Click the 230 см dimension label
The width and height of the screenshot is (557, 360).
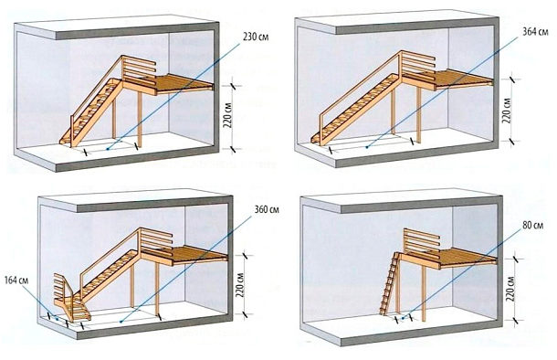pyautogui.click(x=256, y=37)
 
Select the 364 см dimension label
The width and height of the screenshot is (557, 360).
pyautogui.click(x=535, y=32)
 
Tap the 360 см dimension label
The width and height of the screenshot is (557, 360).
pyautogui.click(x=267, y=209)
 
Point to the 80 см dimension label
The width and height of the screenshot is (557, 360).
pyautogui.click(x=533, y=226)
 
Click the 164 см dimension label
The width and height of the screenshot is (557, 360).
pyautogui.click(x=16, y=281)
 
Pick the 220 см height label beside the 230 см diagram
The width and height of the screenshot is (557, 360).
pyautogui.click(x=228, y=115)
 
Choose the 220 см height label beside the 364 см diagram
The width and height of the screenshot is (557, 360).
pyautogui.click(x=507, y=111)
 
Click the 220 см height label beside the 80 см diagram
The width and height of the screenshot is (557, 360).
pyautogui.click(x=510, y=288)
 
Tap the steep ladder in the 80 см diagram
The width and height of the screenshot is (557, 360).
pyautogui.click(x=390, y=283)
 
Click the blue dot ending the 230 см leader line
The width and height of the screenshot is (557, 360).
pyautogui.click(x=108, y=150)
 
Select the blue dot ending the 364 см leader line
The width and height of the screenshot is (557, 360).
pyautogui.click(x=367, y=146)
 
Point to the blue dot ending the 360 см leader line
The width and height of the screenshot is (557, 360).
pyautogui.click(x=121, y=322)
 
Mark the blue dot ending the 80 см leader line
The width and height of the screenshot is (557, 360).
pyautogui.click(x=403, y=318)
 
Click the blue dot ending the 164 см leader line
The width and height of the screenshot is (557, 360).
pyautogui.click(x=57, y=319)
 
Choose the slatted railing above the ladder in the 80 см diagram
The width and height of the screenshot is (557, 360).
pyautogui.click(x=422, y=240)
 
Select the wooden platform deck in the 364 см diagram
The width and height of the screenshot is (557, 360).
pyautogui.click(x=458, y=79)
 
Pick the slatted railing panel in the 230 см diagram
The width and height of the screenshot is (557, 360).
pyautogui.click(x=139, y=69)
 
